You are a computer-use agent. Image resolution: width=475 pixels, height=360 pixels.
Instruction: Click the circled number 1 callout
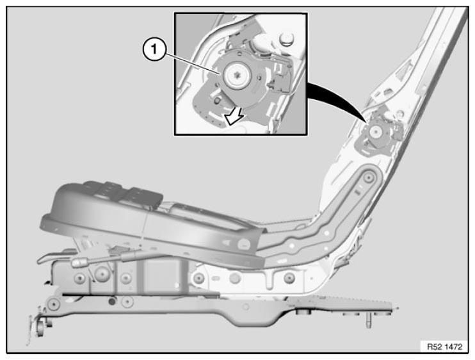tap(154, 49)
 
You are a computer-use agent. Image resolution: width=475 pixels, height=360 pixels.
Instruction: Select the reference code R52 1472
tap(444, 347)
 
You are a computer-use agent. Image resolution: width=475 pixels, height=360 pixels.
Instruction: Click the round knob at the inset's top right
tap(286, 38)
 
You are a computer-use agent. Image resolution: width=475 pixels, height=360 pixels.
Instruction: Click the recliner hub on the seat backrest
tap(376, 132)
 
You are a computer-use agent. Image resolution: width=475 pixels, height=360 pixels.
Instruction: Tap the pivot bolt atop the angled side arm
tap(368, 178)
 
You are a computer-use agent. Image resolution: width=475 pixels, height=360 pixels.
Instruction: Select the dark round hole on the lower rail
tap(113, 301)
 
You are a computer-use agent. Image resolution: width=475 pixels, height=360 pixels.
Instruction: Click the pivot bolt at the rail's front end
tap(54, 304)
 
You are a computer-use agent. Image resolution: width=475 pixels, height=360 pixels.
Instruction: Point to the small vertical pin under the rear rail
tap(368, 320)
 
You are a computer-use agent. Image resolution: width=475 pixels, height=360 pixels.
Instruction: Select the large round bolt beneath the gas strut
tap(102, 274)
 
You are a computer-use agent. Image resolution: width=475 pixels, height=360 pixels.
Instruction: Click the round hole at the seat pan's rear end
tap(244, 244)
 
